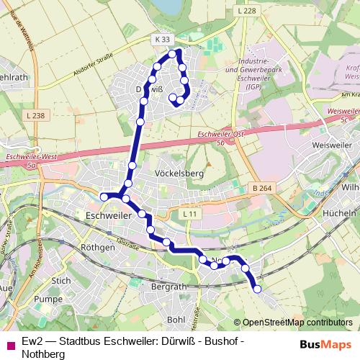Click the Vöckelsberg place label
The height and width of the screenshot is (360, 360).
point(180,174)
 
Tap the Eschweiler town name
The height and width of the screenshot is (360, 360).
point(108,215)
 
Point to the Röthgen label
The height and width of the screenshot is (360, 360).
point(98,247)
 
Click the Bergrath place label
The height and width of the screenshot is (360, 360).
point(169,287)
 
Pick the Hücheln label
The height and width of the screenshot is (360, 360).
point(341,214)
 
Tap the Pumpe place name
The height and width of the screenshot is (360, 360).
point(49,298)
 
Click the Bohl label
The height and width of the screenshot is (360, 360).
point(176,318)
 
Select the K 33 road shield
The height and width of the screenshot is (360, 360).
point(161,40)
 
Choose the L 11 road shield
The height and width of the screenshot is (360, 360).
point(189,215)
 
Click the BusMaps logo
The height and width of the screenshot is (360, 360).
point(321,344)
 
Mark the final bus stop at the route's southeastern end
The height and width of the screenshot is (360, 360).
point(258,289)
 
